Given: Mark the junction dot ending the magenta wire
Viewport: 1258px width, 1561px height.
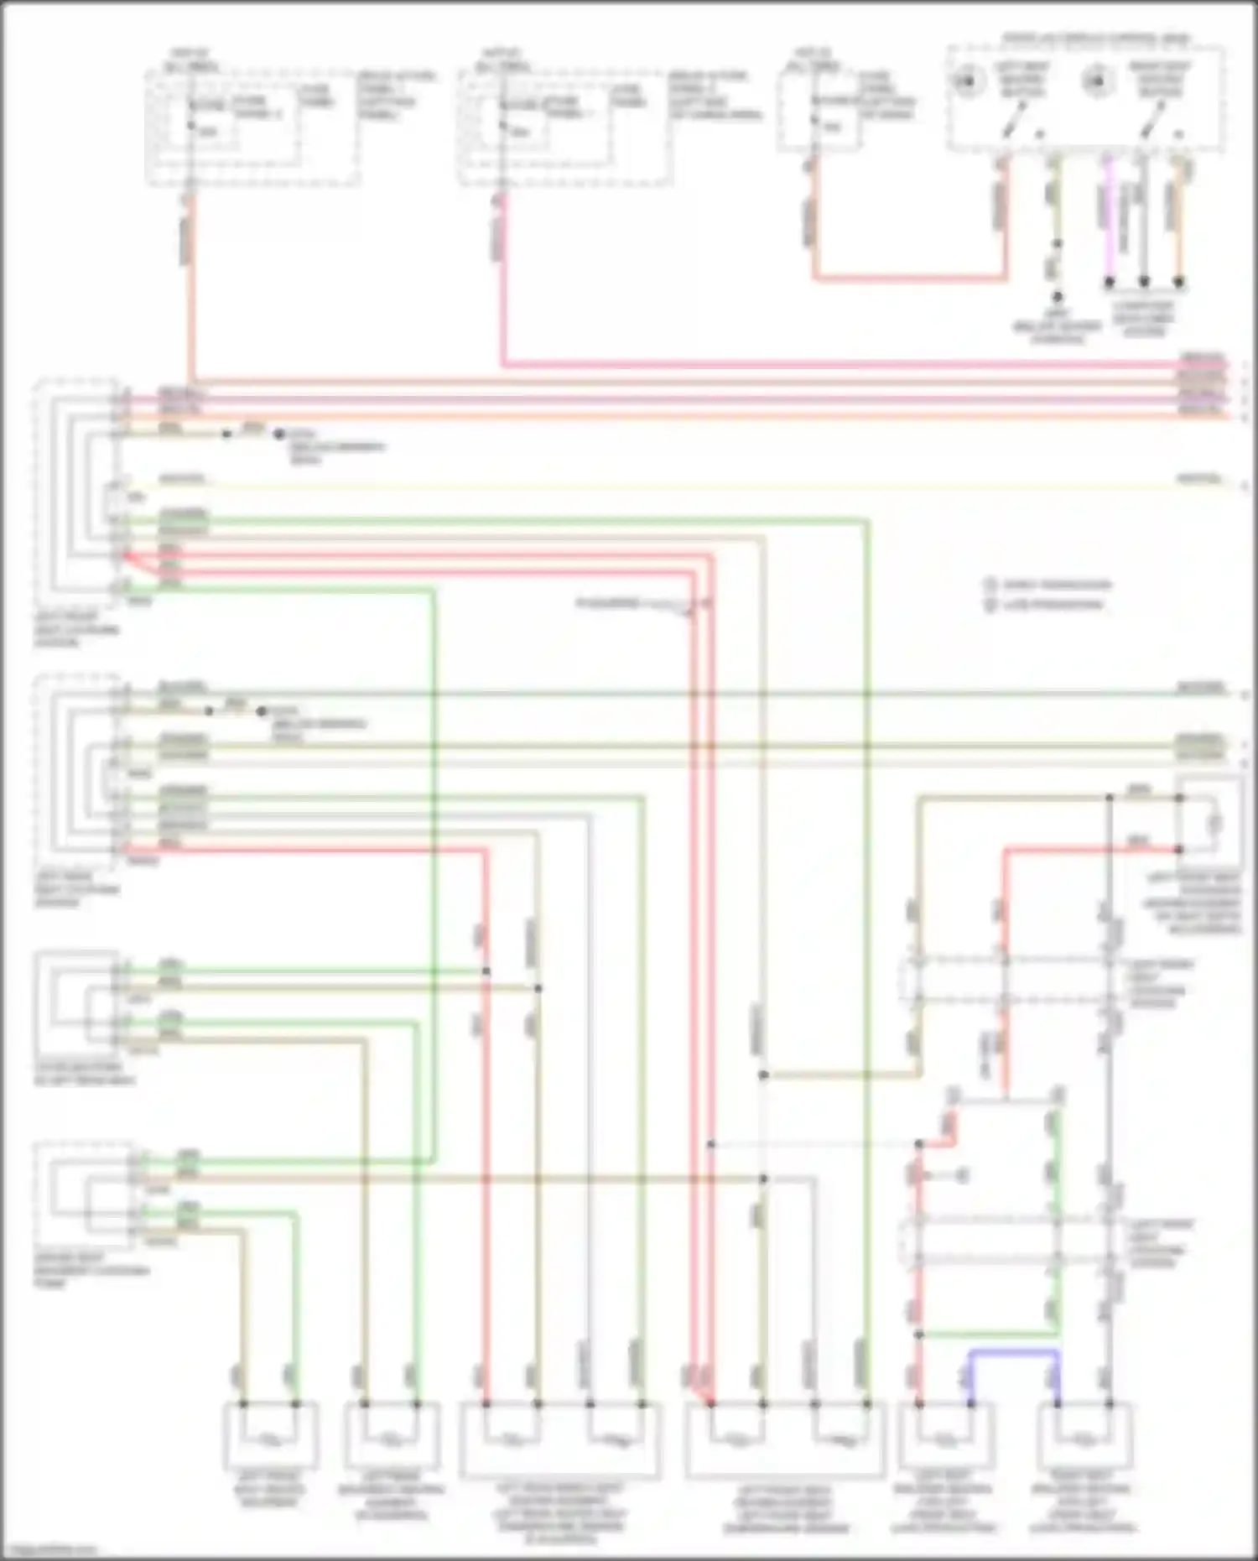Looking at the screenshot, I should pyautogui.click(x=1108, y=283).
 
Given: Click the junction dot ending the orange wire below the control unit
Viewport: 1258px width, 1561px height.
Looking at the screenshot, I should pyautogui.click(x=1178, y=283).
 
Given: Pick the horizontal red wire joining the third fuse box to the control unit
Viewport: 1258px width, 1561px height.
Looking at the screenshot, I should pyautogui.click(x=910, y=278).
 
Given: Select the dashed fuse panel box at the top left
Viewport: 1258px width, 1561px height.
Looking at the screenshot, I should pyautogui.click(x=252, y=127).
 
